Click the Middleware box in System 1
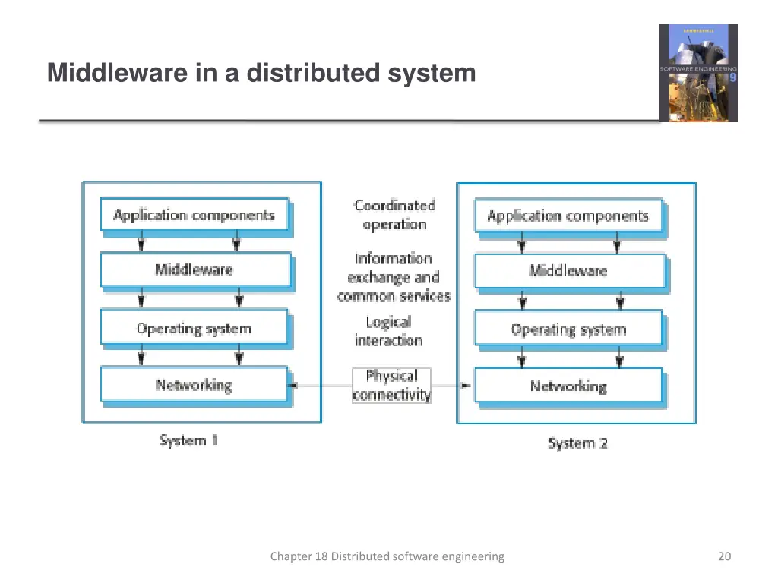pyautogui.click(x=195, y=269)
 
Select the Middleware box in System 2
pyautogui.click(x=569, y=271)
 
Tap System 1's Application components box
pyautogui.click(x=194, y=215)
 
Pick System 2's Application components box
pyautogui.click(x=568, y=216)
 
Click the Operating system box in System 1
pyautogui.click(x=194, y=329)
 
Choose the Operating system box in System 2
pyautogui.click(x=568, y=329)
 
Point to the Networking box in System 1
pyautogui.click(x=194, y=385)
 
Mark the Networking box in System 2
pyautogui.click(x=568, y=386)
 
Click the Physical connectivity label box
pyautogui.click(x=391, y=385)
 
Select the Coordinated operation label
pyautogui.click(x=394, y=215)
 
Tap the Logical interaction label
pyautogui.click(x=388, y=332)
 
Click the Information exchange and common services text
pyautogui.click(x=394, y=277)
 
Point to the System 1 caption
pyautogui.click(x=189, y=440)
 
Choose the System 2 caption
pyautogui.click(x=578, y=443)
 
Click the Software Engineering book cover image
pyautogui.click(x=698, y=73)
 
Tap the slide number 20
pyautogui.click(x=724, y=556)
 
